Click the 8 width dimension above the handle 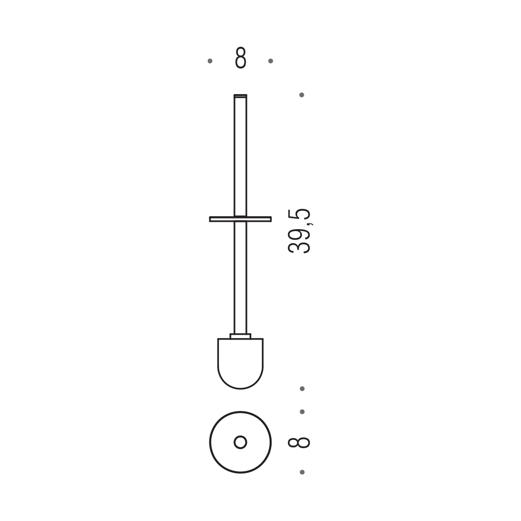(241, 58)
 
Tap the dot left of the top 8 (210, 61)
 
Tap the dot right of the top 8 (271, 61)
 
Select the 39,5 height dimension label (299, 231)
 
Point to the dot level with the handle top (302, 95)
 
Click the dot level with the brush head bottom (302, 389)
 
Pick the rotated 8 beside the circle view (299, 442)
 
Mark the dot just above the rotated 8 (302, 412)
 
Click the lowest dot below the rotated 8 (302, 472)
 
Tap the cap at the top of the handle (240, 96)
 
